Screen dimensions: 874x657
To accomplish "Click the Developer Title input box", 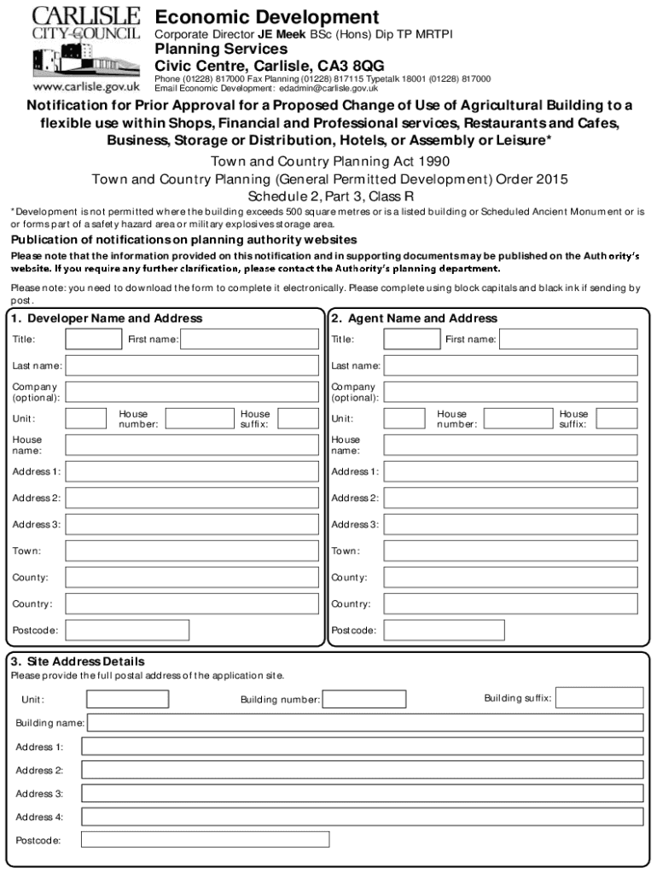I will (94, 339).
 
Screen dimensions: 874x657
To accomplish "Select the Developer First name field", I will (249, 339).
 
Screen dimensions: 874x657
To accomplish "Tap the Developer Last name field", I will (191, 365).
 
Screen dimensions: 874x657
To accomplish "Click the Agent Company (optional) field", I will (510, 392).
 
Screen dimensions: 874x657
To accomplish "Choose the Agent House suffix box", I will (616, 418).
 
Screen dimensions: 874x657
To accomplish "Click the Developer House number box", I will (199, 418).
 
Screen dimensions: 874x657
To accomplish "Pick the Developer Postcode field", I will (127, 630).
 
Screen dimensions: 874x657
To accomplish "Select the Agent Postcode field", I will (444, 630).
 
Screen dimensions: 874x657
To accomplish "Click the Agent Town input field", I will (510, 551).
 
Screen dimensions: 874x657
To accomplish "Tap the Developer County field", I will (191, 577).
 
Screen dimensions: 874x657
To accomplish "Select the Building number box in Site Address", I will (364, 700).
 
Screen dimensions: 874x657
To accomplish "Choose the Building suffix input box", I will (600, 698).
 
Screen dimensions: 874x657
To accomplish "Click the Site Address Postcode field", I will (205, 840).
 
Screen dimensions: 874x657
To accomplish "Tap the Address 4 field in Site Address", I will (362, 817).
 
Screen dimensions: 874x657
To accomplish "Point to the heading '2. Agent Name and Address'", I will (414, 318).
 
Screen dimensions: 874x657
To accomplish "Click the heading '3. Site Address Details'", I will (77, 661).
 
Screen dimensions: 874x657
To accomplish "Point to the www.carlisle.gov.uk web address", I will (85, 87).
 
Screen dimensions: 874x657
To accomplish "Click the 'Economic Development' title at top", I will (267, 17).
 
